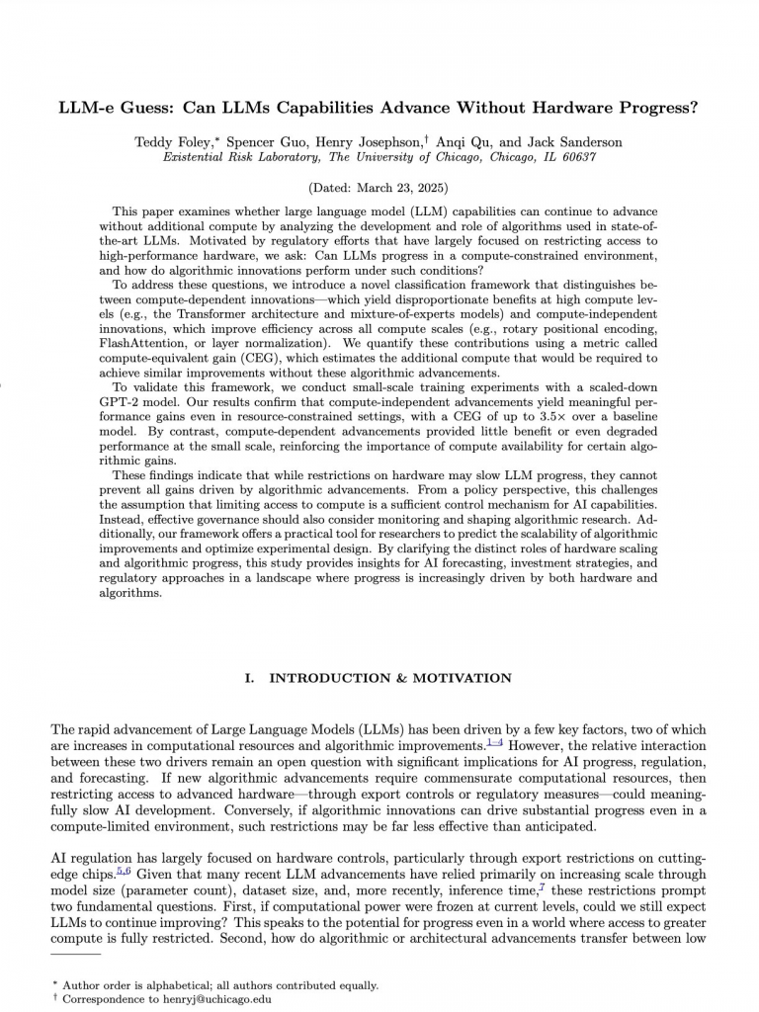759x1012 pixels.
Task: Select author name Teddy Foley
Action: tap(171, 142)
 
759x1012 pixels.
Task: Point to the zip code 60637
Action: tap(576, 157)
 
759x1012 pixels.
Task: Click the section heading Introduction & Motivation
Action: tap(390, 678)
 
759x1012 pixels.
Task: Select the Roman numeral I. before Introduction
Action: tap(249, 678)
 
